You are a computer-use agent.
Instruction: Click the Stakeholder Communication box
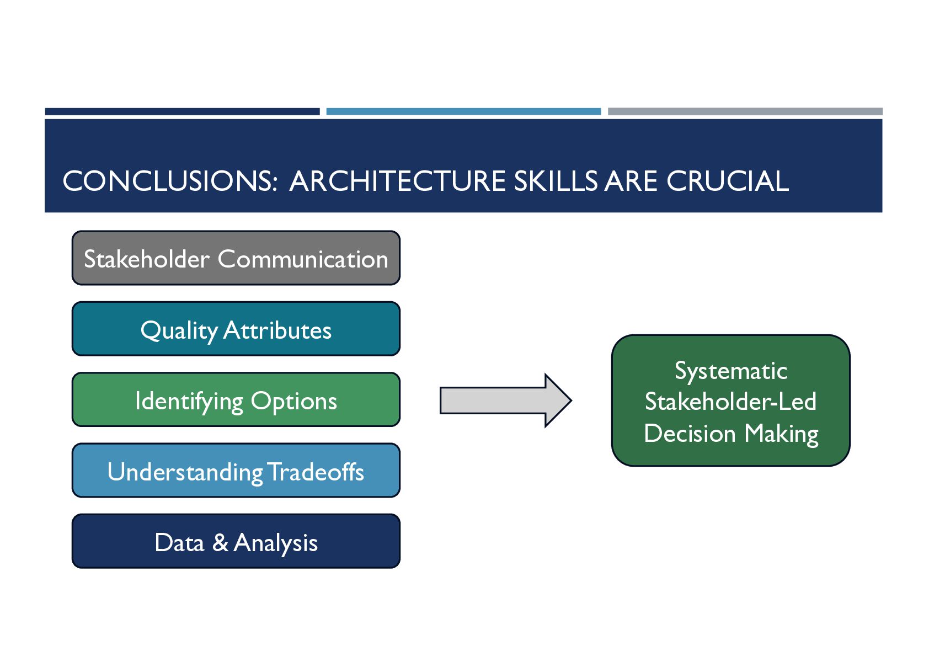[x=236, y=258]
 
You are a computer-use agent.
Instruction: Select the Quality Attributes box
[x=236, y=329]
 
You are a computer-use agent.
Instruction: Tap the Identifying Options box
[x=236, y=399]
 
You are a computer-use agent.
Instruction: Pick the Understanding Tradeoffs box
[x=236, y=471]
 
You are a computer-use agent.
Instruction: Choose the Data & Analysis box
[x=236, y=541]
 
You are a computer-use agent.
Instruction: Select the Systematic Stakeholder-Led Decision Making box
[x=730, y=400]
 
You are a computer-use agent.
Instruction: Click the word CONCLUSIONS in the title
[x=170, y=181]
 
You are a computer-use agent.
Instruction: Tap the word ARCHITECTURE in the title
[x=397, y=181]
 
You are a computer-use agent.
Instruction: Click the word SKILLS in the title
[x=556, y=181]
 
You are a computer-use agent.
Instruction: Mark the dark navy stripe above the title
[x=182, y=111]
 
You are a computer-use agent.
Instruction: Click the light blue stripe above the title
[x=463, y=111]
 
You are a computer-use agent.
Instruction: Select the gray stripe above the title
[x=745, y=111]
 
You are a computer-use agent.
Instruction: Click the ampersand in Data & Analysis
[x=220, y=542]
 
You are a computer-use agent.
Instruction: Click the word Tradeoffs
[x=316, y=472]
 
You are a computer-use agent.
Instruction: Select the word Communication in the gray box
[x=303, y=259]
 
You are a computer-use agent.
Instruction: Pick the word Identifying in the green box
[x=189, y=401]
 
